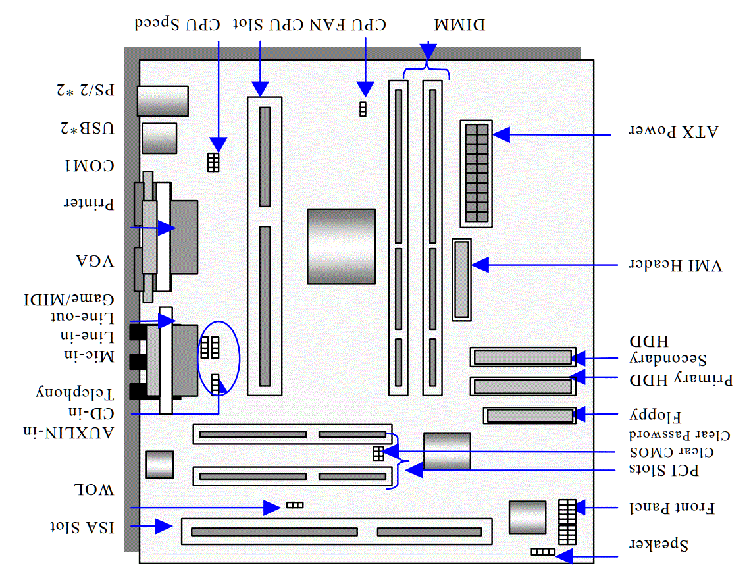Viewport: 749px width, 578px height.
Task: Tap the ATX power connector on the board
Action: point(477,174)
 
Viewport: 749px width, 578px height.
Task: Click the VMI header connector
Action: point(462,279)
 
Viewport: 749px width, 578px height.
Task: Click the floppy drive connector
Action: point(529,415)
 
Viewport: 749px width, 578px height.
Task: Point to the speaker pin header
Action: point(543,551)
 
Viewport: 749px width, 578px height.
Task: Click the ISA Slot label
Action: point(82,527)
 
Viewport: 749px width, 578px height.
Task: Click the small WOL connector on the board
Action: point(295,505)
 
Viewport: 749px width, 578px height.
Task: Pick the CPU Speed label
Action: point(176,25)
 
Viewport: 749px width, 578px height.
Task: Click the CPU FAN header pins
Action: point(362,109)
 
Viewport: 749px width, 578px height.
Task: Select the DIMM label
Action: point(459,25)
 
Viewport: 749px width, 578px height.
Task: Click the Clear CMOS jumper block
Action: point(378,453)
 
